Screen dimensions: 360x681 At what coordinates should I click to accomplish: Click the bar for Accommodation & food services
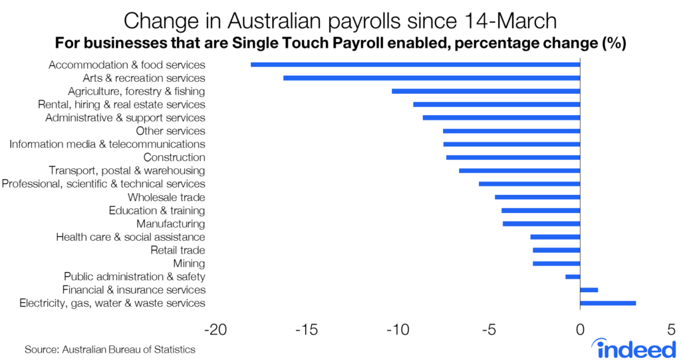coord(415,65)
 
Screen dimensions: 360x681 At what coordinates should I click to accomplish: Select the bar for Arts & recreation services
coord(432,78)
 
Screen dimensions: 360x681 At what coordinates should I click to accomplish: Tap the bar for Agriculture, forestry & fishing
coord(485,91)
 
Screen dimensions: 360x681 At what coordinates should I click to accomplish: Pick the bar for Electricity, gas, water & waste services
coord(608,303)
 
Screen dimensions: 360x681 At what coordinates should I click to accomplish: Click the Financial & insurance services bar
coord(589,290)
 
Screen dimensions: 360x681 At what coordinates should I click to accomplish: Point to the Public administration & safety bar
coord(573,277)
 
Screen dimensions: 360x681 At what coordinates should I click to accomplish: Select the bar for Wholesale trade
coord(537,197)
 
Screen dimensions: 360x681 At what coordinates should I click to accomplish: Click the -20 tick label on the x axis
coord(214,330)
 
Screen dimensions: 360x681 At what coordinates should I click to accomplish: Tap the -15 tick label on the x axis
coord(305,330)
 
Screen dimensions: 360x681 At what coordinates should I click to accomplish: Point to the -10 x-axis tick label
coord(397,330)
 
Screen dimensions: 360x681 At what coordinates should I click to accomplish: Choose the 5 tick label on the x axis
coord(671,330)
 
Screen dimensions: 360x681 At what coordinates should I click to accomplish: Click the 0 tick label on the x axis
coord(580,330)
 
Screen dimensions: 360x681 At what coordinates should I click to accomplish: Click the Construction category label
coord(174,157)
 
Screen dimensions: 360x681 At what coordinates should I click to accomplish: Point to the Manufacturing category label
coord(170,224)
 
